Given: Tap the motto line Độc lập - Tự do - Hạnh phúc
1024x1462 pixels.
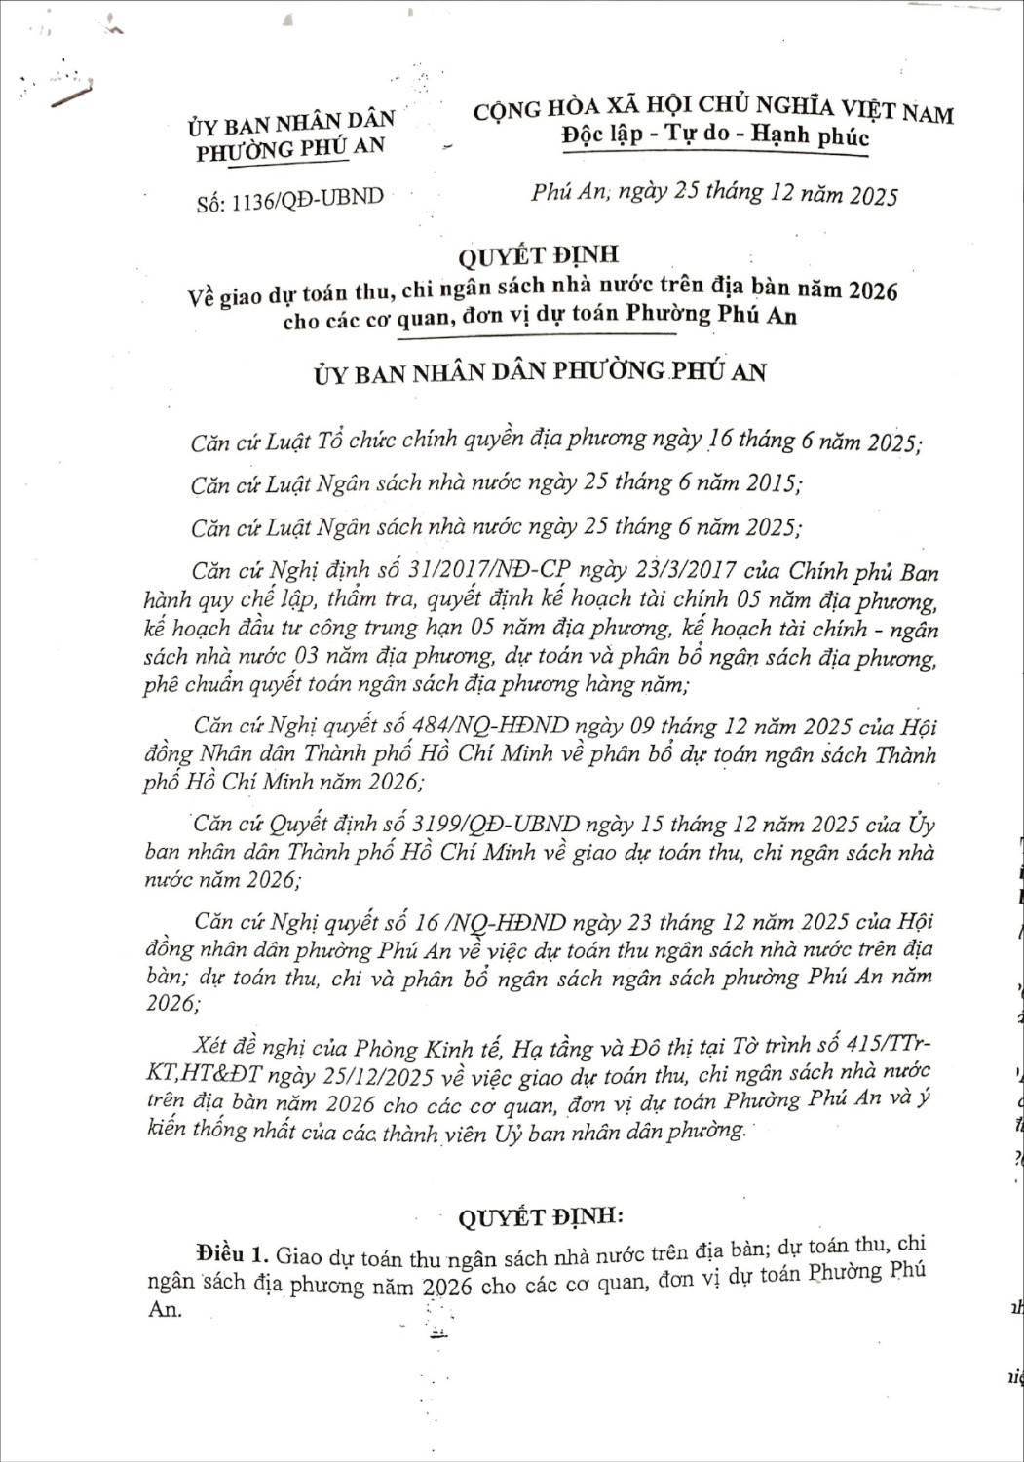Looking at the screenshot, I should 715,135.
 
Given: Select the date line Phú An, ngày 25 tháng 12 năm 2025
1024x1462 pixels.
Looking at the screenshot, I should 714,193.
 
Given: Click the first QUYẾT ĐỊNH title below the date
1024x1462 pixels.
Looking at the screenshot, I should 538,255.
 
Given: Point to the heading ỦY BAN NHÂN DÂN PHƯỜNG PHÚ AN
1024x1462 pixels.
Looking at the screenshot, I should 540,372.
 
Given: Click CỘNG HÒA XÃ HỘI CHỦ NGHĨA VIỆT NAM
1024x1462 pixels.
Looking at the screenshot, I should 713,110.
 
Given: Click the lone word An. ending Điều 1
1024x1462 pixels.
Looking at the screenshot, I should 165,1309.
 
